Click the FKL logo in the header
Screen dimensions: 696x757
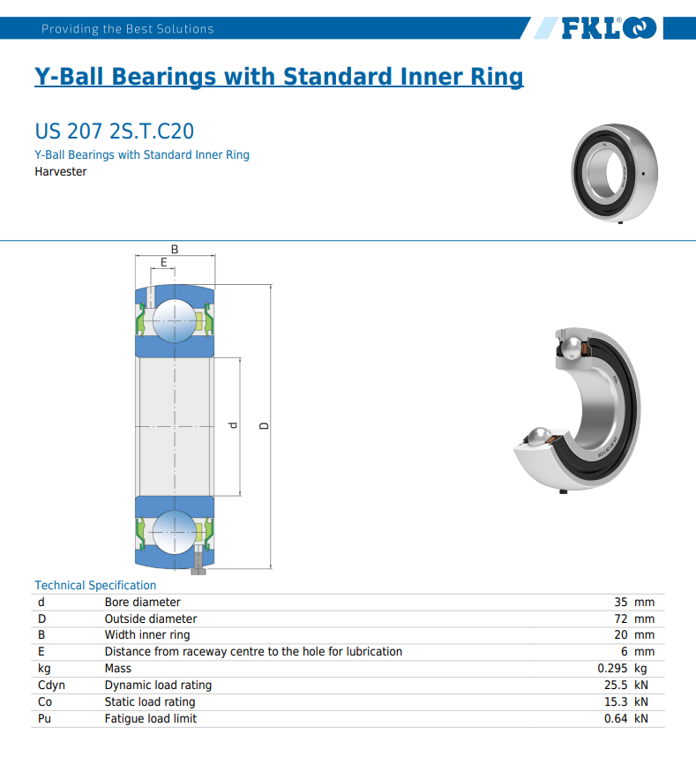(610, 28)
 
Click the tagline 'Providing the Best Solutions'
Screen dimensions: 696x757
(127, 29)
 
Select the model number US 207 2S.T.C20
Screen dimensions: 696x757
(115, 131)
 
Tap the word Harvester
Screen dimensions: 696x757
(60, 171)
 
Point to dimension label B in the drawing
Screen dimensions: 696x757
(175, 249)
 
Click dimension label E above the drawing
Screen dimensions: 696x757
(163, 262)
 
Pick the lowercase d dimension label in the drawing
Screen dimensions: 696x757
(233, 425)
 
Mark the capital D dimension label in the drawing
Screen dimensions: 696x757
(264, 426)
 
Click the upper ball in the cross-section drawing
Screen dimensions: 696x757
(175, 321)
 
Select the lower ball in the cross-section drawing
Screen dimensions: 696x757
(175, 533)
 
